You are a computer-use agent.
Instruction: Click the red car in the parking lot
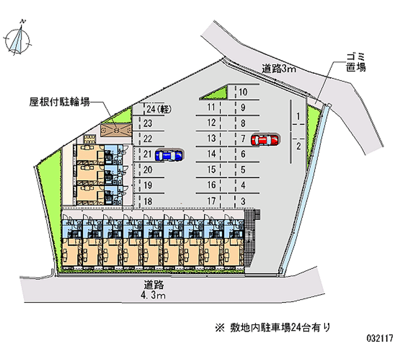(265, 140)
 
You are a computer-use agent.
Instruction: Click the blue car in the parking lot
(169, 155)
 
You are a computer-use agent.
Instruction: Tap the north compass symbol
(18, 39)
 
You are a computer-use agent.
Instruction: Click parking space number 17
(211, 201)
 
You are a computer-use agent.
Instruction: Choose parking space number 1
(298, 117)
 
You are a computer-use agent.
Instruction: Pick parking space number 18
(147, 201)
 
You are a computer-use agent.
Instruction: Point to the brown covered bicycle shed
(116, 130)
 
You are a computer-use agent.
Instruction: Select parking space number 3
(243, 201)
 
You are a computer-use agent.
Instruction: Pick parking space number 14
(211, 154)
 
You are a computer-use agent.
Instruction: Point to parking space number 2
(298, 146)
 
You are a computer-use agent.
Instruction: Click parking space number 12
(211, 122)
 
